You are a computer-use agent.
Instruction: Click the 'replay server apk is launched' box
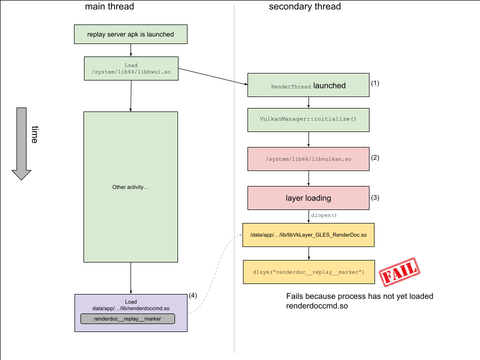click(130, 34)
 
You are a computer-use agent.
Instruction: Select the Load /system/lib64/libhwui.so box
click(130, 68)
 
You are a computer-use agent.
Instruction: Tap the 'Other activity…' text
click(130, 187)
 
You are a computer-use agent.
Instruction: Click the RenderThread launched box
click(308, 85)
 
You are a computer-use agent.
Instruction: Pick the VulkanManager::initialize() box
click(308, 120)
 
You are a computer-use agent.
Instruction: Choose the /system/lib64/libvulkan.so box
click(308, 159)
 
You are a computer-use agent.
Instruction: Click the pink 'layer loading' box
click(308, 198)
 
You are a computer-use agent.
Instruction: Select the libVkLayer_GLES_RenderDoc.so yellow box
click(308, 234)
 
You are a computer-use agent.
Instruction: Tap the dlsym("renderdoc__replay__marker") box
click(308, 271)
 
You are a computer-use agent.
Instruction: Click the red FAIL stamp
click(398, 272)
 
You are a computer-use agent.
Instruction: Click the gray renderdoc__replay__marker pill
click(127, 318)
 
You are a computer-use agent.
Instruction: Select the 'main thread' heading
click(109, 6)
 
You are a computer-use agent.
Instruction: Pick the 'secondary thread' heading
click(304, 6)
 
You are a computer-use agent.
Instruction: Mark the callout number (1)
click(375, 83)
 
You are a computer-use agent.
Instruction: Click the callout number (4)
click(193, 295)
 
